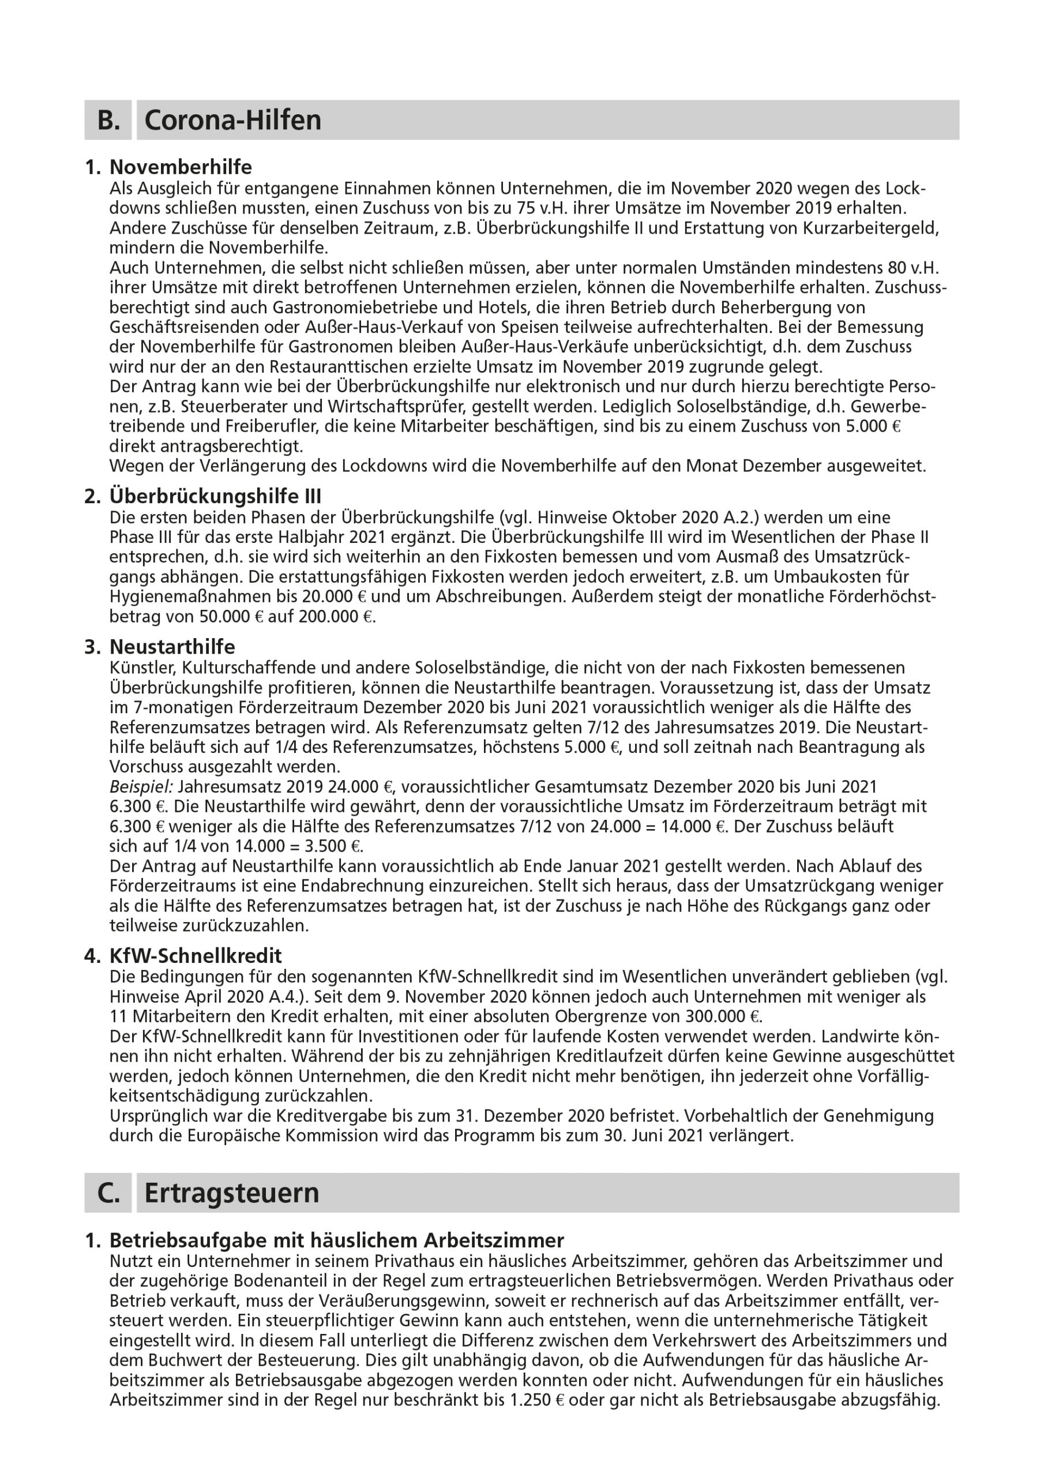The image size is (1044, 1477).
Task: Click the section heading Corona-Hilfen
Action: [232, 121]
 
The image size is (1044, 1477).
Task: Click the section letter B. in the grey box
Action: [108, 121]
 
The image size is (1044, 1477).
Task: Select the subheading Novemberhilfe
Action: [181, 167]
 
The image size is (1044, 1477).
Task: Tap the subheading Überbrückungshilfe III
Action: [216, 496]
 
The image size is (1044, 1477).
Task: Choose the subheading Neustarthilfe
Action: [172, 647]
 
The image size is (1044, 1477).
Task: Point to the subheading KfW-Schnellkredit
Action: [196, 955]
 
